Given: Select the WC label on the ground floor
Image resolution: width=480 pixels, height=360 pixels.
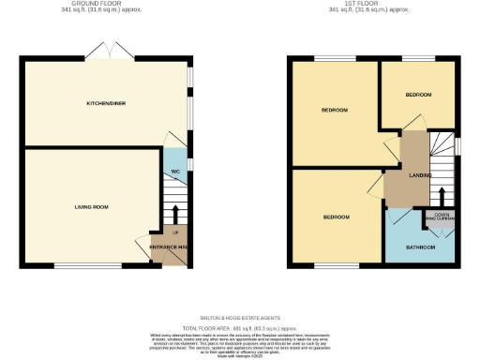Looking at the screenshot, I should (x=175, y=172).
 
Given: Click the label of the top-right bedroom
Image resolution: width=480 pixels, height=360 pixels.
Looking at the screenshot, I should (x=418, y=95).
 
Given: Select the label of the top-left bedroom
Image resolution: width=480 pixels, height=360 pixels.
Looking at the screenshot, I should (x=335, y=110).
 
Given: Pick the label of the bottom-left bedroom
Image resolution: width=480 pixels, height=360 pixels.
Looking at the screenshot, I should (x=336, y=217).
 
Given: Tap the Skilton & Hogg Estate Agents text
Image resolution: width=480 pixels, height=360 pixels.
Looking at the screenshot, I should (x=240, y=318).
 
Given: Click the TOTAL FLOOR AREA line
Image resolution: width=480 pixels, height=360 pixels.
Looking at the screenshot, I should (x=240, y=326).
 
